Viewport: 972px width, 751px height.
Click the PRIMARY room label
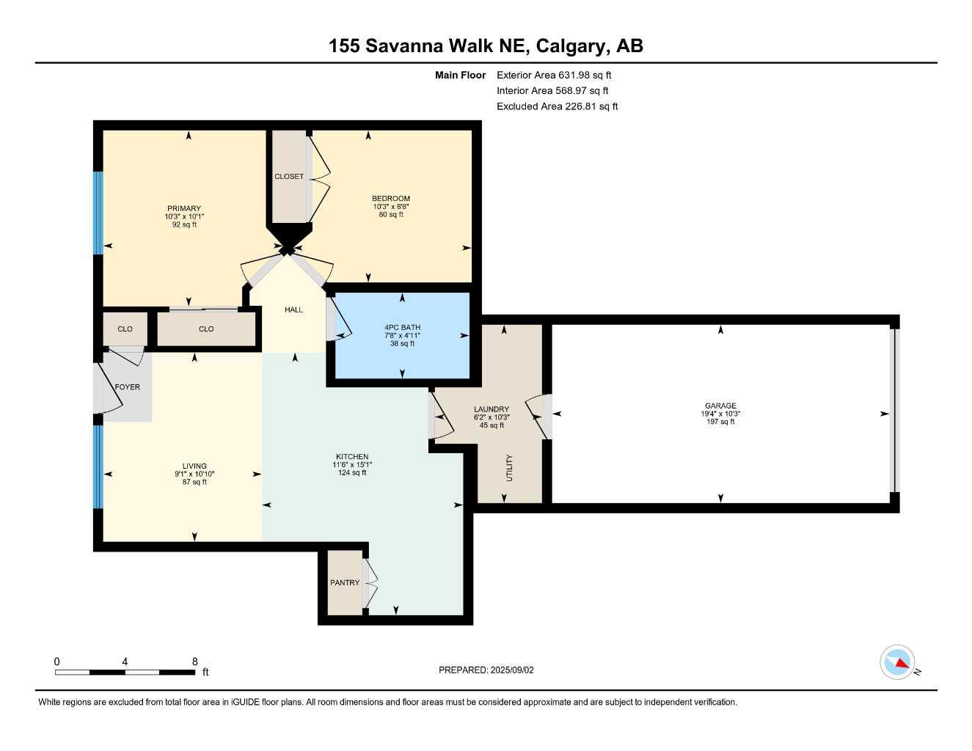[x=184, y=208]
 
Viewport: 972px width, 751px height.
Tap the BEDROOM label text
[x=390, y=199]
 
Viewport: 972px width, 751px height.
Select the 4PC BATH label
[x=402, y=327]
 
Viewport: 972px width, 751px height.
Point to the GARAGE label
[x=720, y=406]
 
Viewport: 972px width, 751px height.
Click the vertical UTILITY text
[x=509, y=468]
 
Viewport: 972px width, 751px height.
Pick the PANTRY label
[x=345, y=582]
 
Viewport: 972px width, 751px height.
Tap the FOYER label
[x=128, y=387]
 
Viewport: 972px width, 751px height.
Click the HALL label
[x=294, y=309]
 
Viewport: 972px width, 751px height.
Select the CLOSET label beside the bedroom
[x=289, y=177]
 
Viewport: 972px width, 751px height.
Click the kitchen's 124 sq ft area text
[x=352, y=472]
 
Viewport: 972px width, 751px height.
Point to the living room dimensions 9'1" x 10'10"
[x=194, y=474]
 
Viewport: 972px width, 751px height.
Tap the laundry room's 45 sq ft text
[x=492, y=425]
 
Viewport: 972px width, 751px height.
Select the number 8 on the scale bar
[x=194, y=662]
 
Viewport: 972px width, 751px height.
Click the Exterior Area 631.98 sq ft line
[x=554, y=75]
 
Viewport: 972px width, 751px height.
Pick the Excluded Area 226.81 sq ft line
[x=557, y=106]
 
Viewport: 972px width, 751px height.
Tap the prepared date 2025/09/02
[x=512, y=670]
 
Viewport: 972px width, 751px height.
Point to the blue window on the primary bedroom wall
[x=98, y=213]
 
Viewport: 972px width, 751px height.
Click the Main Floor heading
[x=460, y=75]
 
